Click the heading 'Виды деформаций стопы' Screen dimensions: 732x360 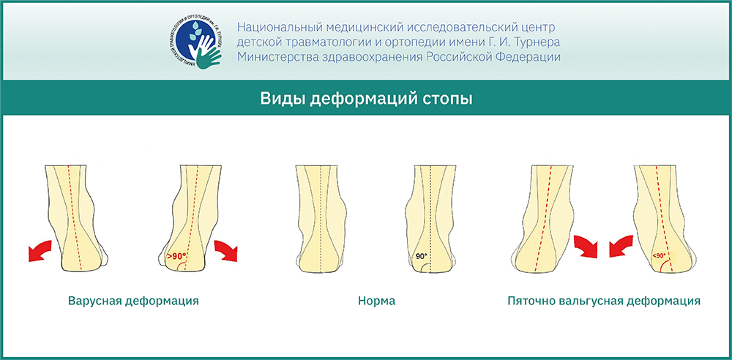[x=366, y=100]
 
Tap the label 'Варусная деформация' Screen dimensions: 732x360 [x=133, y=301]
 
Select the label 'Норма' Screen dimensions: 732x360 [x=377, y=301]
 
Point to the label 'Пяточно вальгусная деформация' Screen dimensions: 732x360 [x=604, y=301]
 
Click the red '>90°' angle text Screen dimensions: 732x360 [x=176, y=256]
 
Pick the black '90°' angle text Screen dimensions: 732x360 [x=421, y=256]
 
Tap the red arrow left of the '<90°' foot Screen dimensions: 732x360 [x=621, y=246]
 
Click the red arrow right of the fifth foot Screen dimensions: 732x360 [x=586, y=246]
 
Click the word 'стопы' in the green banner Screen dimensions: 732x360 [x=451, y=100]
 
